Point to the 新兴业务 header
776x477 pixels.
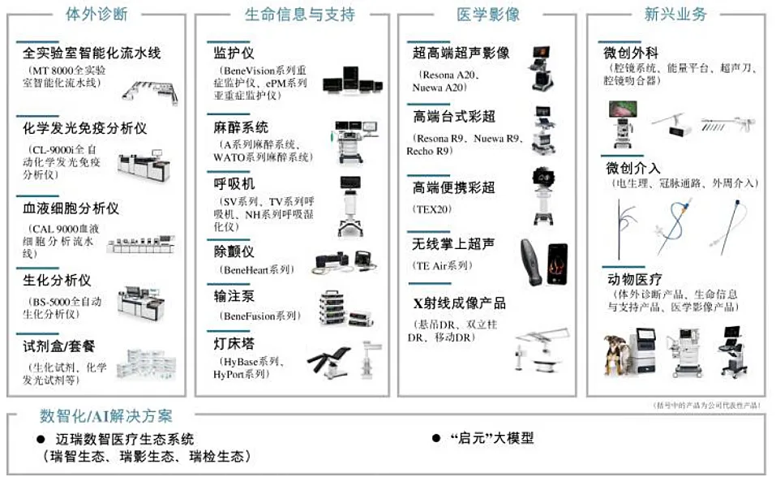pos(675,14)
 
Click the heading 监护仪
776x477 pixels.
pos(229,54)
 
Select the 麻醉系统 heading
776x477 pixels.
pos(241,127)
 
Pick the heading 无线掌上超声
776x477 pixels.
pos(453,244)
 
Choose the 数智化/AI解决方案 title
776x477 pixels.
pos(106,417)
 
